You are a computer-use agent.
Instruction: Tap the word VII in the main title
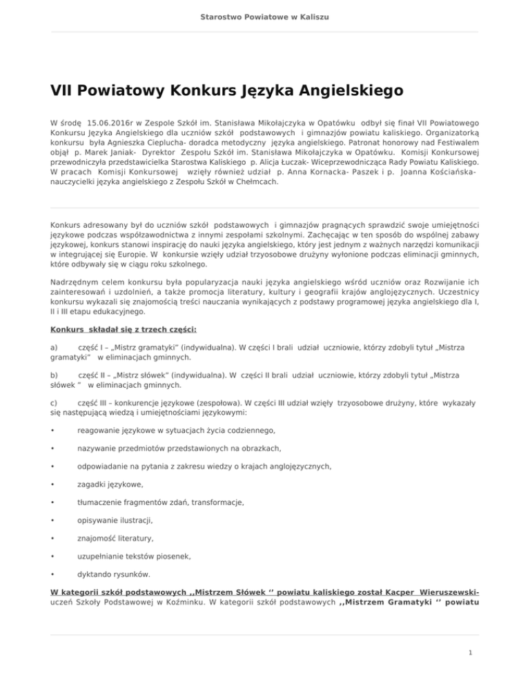point(67,90)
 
